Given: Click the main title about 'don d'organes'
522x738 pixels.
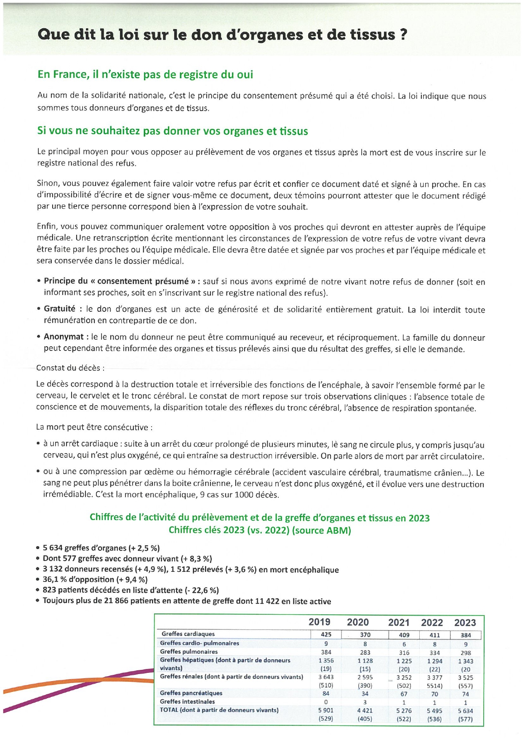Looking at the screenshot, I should tap(222, 35).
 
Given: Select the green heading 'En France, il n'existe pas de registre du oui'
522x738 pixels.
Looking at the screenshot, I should tap(145, 75).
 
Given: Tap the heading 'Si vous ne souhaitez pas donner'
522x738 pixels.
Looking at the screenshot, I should tap(173, 131).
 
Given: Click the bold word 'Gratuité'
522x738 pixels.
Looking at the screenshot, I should tap(59, 309).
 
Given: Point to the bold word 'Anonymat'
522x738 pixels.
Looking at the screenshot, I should tap(64, 337).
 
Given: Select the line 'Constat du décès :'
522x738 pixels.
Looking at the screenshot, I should tap(70, 368).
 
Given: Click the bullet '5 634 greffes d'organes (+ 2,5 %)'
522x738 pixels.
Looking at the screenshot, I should tap(101, 548).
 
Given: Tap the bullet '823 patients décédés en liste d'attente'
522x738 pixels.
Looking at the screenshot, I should tap(130, 590).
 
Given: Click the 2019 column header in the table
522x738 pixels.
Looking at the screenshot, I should tap(320, 622).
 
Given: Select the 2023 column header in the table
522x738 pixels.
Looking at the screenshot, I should tap(465, 623).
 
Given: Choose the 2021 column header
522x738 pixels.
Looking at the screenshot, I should tap(399, 623).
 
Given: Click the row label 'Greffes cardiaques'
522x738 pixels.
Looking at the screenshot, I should tap(188, 634).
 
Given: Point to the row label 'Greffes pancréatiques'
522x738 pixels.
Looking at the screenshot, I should tap(191, 693).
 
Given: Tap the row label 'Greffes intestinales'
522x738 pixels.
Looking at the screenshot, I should tap(187, 702).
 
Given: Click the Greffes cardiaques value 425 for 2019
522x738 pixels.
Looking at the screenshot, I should tap(326, 634).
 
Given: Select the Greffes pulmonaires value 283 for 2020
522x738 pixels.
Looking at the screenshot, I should tap(365, 652).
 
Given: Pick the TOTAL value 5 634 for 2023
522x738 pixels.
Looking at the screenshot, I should tap(465, 711).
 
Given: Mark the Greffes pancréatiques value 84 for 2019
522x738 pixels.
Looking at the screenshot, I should tap(326, 693).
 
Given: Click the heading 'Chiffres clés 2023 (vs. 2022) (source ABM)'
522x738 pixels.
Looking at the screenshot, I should tap(260, 530).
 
